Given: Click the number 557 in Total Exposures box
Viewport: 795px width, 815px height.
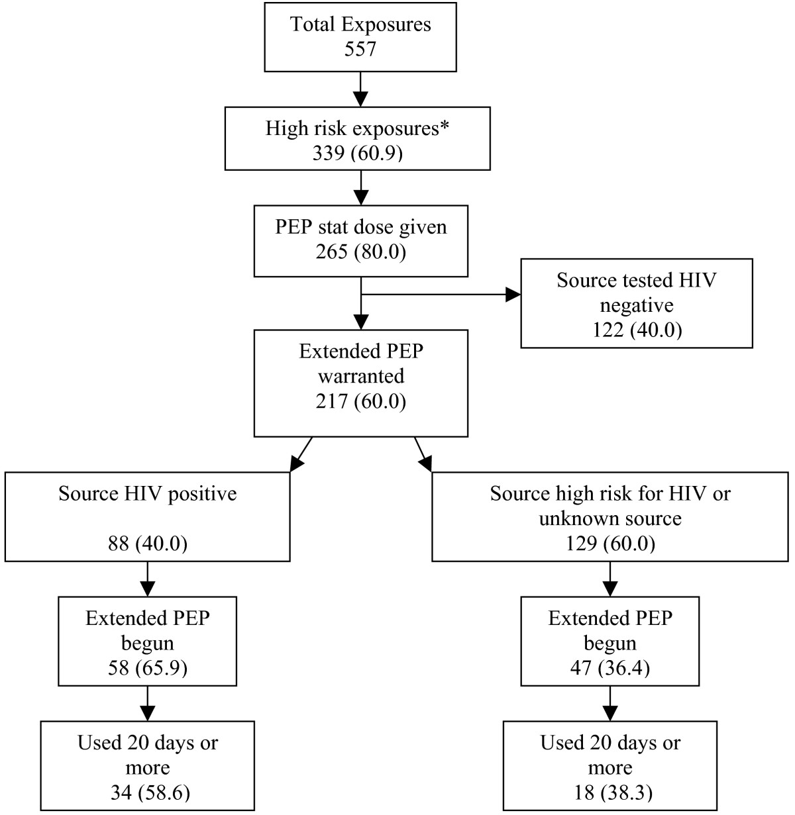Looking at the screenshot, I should coord(360,50).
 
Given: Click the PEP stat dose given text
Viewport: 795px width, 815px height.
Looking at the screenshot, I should coord(361,227).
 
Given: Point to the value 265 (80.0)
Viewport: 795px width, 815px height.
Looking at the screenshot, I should coord(360,252).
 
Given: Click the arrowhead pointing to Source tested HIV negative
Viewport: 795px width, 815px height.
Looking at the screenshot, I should coord(513,295).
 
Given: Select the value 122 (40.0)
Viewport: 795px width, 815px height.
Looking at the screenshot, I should coord(636,329).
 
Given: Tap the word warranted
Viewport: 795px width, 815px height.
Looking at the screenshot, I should coord(361,376).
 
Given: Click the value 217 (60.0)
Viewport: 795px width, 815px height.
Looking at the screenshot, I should coord(360,401).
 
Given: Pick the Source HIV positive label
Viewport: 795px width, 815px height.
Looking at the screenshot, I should coord(147,494).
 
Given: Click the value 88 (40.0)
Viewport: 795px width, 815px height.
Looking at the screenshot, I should coord(147,544).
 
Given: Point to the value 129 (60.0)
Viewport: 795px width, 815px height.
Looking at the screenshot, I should coord(609,544).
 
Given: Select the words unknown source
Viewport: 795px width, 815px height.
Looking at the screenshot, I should coord(609,518).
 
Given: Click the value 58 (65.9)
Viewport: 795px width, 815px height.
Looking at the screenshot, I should coord(147,668).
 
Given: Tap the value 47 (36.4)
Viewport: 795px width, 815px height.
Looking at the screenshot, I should coord(609,668).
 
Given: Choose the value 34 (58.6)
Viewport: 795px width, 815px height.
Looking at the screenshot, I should coord(147,792).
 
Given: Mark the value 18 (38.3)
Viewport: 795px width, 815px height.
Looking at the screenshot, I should coord(609,792).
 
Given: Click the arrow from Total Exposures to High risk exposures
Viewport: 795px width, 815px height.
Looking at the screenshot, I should coord(360,89).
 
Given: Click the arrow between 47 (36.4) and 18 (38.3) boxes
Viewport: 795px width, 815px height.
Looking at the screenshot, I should coord(609,703).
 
